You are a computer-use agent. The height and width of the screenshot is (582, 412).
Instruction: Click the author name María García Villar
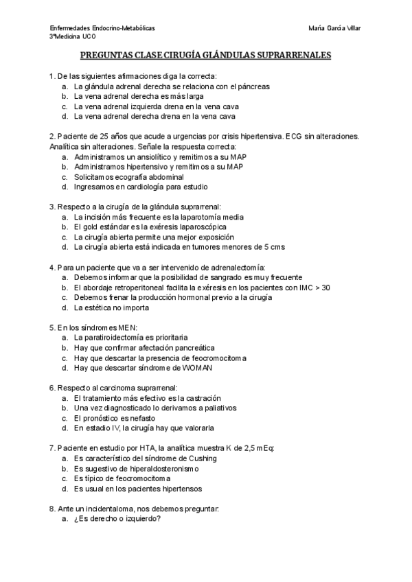click(336, 28)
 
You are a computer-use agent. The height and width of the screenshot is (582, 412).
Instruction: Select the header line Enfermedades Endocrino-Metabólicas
click(102, 28)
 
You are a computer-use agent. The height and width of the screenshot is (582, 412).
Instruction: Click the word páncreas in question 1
click(253, 87)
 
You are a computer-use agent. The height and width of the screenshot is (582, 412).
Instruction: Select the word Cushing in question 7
click(202, 458)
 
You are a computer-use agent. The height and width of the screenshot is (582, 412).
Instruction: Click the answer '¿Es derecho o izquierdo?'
click(117, 518)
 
